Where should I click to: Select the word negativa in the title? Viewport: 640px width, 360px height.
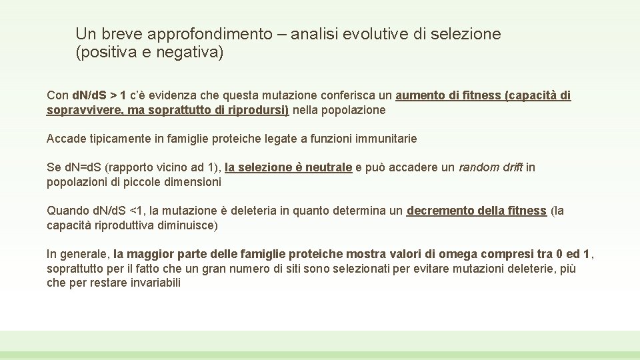coord(188,53)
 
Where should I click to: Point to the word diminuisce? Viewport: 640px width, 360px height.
coord(186,225)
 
